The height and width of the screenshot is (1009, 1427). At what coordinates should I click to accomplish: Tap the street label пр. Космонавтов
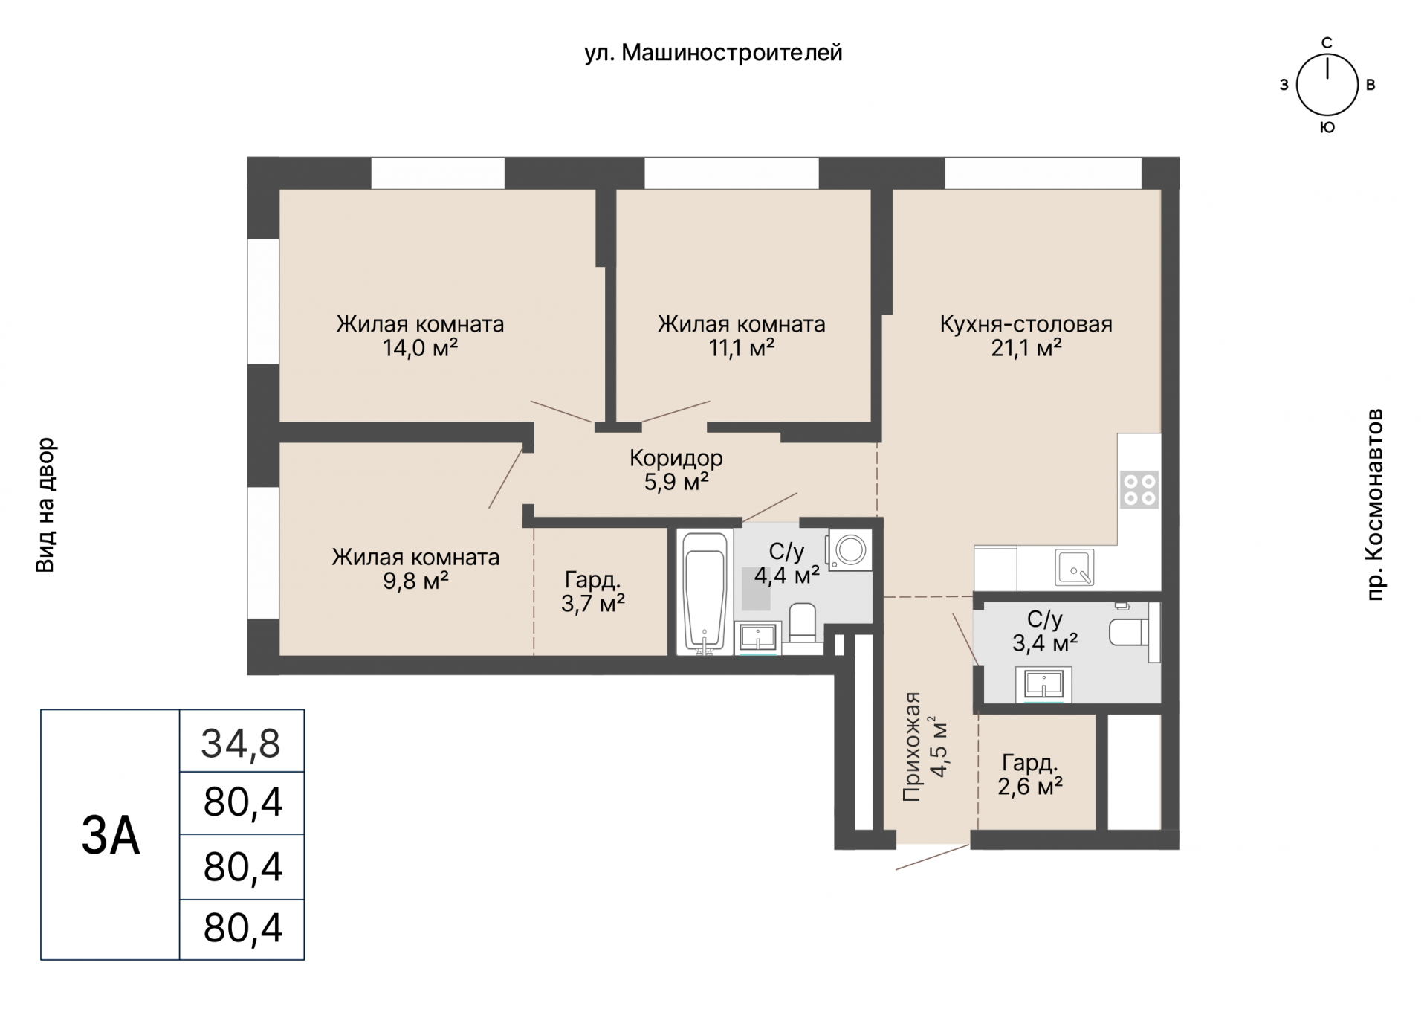pos(1376,504)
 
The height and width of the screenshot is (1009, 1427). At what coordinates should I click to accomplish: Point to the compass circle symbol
pos(1327,85)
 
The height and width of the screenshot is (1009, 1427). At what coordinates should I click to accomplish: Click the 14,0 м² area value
pos(420,347)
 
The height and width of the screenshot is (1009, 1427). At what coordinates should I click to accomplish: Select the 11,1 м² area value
pos(742,347)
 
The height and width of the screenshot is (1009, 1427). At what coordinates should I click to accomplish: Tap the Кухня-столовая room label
pos(1026,324)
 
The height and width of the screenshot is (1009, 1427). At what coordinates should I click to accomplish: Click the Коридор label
pos(676,458)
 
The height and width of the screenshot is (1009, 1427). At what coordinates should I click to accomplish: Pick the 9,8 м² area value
pos(415,581)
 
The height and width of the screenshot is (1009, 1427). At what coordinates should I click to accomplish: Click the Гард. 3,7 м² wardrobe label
pos(592,592)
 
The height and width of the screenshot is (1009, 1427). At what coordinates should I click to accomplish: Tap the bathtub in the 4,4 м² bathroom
pos(705,592)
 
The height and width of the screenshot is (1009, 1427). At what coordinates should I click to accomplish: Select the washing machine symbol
pos(850,550)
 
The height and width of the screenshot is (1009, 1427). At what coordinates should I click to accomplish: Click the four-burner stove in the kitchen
pos(1139,490)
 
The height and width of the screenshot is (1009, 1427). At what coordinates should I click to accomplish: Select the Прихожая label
pos(912,747)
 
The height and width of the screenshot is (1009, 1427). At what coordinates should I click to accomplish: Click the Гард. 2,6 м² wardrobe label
pos(1030,775)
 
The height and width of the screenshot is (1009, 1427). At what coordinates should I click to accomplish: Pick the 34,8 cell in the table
pos(242,742)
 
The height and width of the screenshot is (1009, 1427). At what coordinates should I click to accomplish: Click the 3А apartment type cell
pos(111,835)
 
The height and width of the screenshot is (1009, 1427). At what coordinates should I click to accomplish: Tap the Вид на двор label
pos(46,505)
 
